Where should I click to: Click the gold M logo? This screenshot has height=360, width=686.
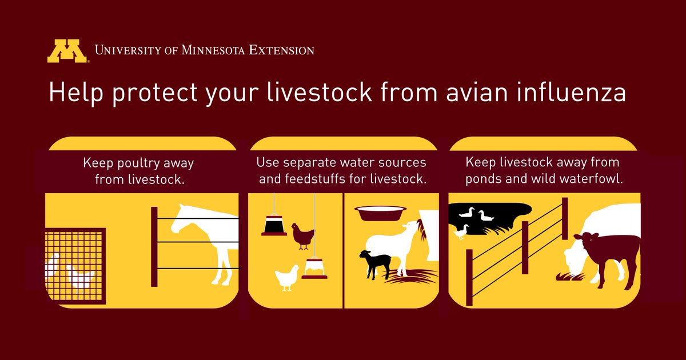tap(67, 51)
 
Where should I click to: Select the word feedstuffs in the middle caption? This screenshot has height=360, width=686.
tap(321, 178)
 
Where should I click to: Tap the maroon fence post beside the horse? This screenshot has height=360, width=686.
tap(154, 246)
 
